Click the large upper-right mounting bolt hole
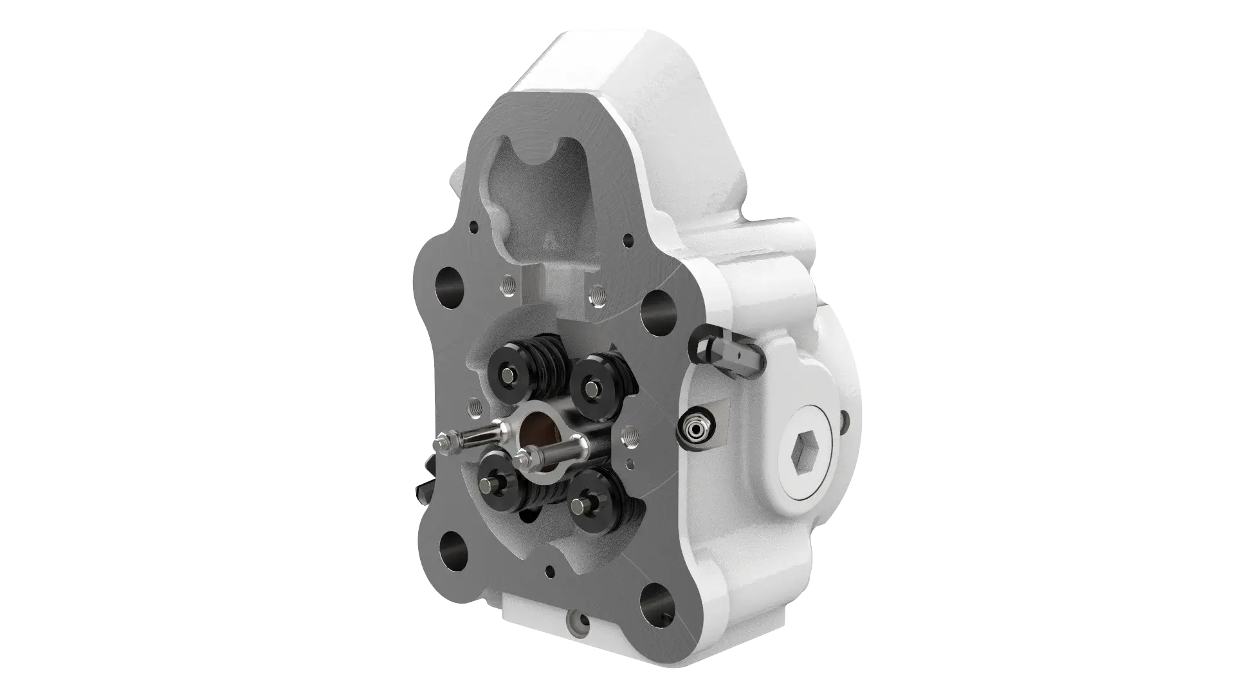tap(656, 309)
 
